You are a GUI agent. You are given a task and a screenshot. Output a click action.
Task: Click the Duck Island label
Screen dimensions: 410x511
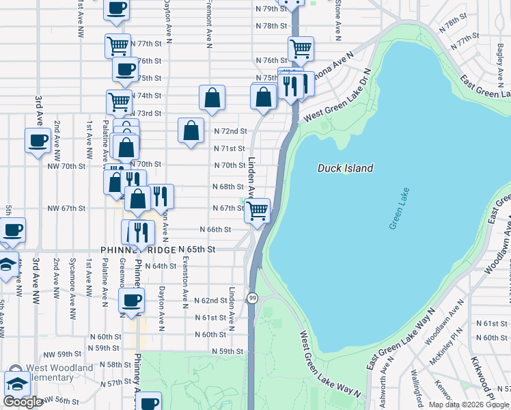346,168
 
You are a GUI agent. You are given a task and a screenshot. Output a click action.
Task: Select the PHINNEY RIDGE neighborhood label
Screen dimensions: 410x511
138,250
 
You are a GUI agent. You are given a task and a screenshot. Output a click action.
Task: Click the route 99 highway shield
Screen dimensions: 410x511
253,298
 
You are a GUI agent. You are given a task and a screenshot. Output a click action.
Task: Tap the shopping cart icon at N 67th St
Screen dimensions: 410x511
257,210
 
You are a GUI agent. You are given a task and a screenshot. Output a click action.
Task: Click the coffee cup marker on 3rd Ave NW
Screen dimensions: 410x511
38,140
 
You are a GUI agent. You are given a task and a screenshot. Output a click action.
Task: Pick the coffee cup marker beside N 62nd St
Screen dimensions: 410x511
131,299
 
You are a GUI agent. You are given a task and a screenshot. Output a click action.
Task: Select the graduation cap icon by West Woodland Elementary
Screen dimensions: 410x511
17,383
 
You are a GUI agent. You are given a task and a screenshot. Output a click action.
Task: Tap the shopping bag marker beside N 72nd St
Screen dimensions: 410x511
191,130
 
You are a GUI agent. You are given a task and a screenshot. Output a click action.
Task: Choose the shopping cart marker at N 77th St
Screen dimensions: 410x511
118,46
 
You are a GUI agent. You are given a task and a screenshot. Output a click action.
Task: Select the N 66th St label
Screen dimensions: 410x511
215,230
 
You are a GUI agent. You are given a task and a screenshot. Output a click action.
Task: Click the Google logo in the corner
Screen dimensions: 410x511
23,402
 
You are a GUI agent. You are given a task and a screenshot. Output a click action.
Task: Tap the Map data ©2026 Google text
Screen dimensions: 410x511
469,405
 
